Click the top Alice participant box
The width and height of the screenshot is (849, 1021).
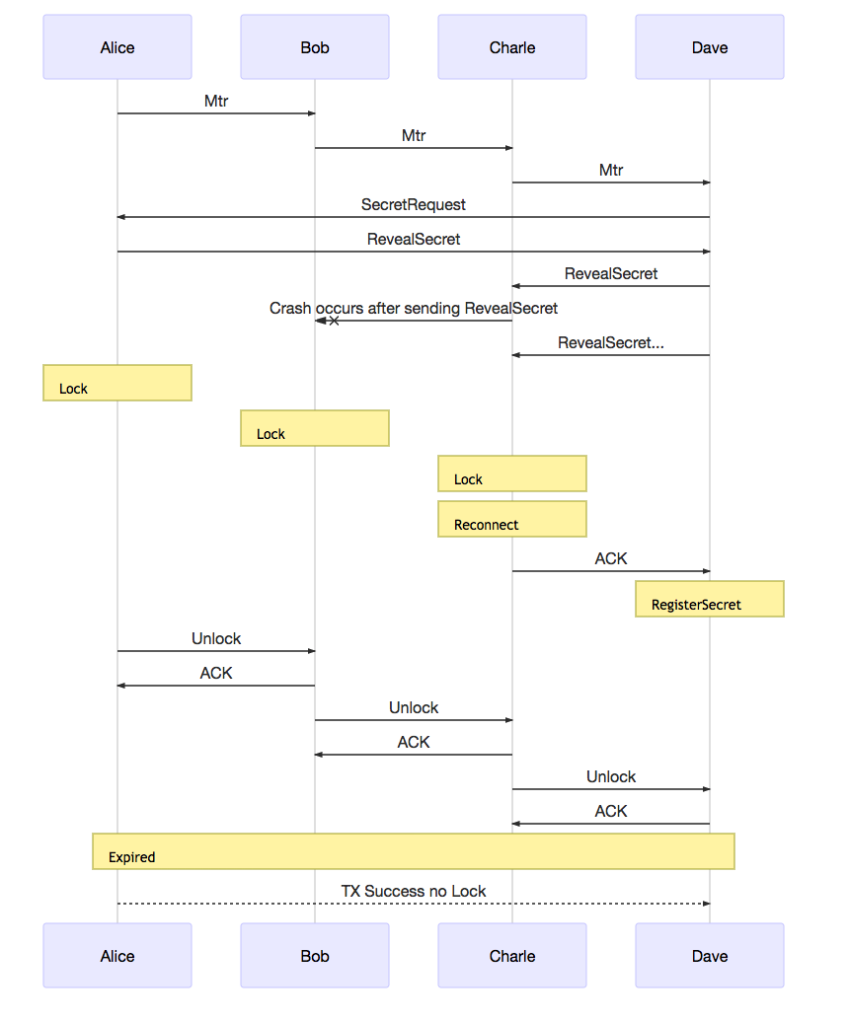[117, 47]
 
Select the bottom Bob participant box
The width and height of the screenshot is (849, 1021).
[315, 956]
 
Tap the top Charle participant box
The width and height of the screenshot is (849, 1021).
[512, 47]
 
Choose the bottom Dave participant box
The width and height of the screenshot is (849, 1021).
[710, 956]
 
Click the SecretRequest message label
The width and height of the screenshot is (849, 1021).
[414, 205]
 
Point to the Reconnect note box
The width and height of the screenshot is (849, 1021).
[512, 519]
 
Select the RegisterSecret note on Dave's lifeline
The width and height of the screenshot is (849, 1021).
[710, 599]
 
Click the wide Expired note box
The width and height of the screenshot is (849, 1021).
[414, 851]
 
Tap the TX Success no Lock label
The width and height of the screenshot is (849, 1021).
[414, 892]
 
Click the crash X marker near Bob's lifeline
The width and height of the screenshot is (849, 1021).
[334, 321]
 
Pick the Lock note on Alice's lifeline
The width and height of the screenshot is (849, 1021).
[117, 383]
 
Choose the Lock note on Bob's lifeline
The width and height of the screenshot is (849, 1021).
[315, 428]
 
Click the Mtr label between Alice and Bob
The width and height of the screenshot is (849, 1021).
[216, 102]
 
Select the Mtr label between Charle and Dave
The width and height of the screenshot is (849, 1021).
[611, 171]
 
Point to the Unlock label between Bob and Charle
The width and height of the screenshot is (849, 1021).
[414, 708]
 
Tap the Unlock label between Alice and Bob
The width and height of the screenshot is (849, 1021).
[216, 639]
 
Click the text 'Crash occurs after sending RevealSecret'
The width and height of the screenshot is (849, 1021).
[414, 309]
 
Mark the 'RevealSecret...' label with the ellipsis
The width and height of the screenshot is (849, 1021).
[611, 343]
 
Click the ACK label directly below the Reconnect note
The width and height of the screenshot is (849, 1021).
[611, 559]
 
